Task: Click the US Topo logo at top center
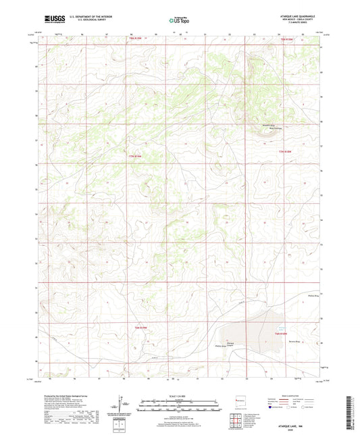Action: [179, 21]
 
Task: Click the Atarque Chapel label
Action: [230, 344]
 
